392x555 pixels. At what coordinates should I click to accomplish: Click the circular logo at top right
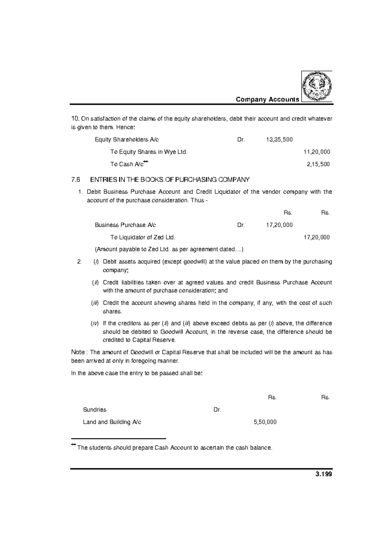pos(317,86)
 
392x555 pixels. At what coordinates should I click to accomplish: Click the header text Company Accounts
pos(267,99)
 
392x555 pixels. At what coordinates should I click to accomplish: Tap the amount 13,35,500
pos(279,140)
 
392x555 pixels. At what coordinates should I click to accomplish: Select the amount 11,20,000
pos(317,152)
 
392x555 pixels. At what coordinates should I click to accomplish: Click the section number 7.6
pos(75,179)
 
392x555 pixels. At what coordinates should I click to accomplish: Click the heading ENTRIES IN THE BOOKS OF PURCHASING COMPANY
pos(170,179)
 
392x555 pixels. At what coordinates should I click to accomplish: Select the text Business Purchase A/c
pos(125,225)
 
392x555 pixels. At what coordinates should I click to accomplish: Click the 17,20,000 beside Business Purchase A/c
pos(279,225)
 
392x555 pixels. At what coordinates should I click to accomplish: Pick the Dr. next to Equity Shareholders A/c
pos(241,140)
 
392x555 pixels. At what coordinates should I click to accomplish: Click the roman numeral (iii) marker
pos(94,303)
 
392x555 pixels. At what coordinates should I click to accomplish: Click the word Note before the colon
pos(78,352)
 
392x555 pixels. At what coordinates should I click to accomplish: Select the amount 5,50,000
pos(265,422)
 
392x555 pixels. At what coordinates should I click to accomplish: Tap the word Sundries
pos(95,410)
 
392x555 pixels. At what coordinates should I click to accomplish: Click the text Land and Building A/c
pos(112,422)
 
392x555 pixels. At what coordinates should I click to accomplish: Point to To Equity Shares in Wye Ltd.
pos(149,152)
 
